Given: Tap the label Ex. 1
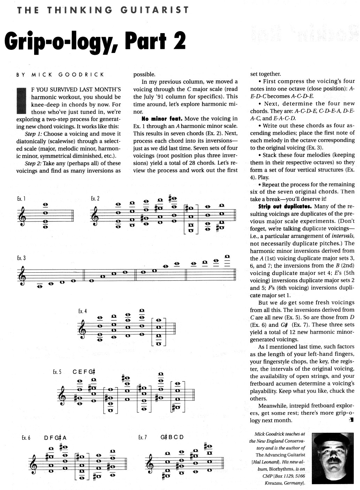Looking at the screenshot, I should point(21,198).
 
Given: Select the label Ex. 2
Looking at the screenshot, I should point(95,198).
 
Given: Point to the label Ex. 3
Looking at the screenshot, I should point(21,258).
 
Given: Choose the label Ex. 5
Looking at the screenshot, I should point(57,372).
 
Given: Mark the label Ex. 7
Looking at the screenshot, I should point(143,437).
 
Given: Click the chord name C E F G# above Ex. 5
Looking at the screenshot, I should point(84,372).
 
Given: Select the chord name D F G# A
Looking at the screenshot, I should point(55,438).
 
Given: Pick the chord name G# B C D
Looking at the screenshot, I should point(172,437).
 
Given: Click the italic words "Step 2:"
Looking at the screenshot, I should point(33,163).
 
